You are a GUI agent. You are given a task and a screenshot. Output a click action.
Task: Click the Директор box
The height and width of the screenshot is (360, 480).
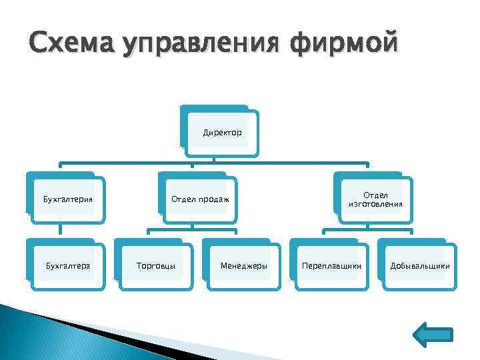222,133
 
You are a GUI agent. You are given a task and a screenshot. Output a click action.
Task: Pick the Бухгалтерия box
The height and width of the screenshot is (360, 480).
68,199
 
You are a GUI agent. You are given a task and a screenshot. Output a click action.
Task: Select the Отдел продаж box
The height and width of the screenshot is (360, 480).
199,199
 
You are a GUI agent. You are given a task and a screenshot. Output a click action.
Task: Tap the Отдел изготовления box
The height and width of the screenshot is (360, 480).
375,199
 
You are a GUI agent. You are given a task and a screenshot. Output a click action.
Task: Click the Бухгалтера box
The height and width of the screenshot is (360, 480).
68,266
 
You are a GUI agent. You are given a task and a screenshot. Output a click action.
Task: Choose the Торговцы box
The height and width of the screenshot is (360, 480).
155,266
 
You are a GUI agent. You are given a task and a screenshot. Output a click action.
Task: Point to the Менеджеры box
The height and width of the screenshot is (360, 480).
243,266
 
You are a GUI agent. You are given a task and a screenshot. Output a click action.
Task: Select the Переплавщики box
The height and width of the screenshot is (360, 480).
331,266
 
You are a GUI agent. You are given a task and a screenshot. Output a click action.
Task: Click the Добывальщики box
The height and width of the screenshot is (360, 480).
419,266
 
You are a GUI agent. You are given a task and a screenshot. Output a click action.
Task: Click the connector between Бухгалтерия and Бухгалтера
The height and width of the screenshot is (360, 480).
60,230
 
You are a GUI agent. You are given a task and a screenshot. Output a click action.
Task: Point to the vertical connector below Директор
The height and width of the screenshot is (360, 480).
213,155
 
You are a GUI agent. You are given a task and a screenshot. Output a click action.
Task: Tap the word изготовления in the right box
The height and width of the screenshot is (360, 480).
375,204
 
